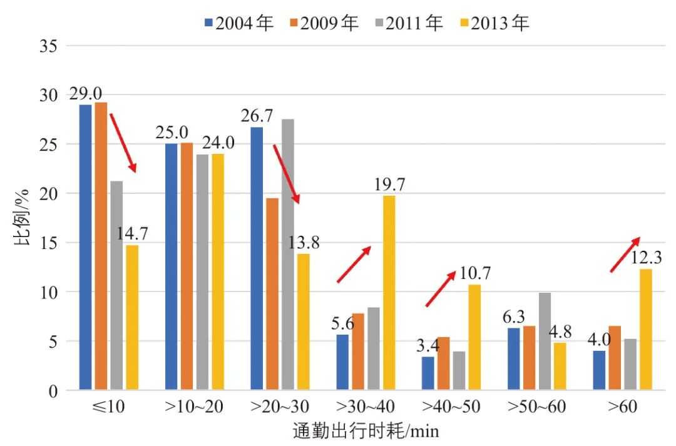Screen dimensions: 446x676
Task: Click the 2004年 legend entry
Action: (238, 24)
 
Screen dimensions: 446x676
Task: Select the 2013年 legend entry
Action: (494, 24)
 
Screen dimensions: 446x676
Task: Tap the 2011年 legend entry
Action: (408, 24)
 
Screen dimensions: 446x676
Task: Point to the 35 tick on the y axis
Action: (48, 46)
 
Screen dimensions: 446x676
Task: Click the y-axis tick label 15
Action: (48, 243)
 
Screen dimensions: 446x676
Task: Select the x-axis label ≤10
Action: (108, 407)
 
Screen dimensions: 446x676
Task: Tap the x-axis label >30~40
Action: (366, 407)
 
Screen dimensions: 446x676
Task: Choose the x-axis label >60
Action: (622, 407)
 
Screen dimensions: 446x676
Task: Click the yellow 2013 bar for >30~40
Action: (389, 293)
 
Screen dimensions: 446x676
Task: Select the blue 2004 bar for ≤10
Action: (86, 248)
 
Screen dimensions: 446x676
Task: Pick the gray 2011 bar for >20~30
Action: (288, 255)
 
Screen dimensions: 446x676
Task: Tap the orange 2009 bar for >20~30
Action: (272, 295)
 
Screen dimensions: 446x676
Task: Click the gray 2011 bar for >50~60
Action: (545, 342)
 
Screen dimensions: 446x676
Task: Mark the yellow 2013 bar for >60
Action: (645, 330)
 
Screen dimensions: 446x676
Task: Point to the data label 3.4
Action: (428, 345)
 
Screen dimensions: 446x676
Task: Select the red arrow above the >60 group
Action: (625, 255)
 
